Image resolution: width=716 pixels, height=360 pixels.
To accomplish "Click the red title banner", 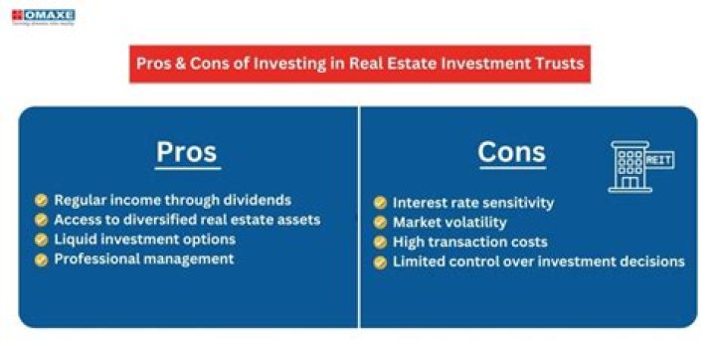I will click(x=358, y=67).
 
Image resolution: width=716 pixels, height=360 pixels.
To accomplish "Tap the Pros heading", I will click(x=186, y=152).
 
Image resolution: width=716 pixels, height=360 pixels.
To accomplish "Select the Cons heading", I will click(x=511, y=152).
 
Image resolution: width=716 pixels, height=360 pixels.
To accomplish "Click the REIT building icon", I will click(x=633, y=166).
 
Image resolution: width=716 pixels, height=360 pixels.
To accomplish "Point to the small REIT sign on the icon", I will click(x=657, y=158).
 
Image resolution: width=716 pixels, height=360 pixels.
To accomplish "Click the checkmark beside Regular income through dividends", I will click(x=41, y=200).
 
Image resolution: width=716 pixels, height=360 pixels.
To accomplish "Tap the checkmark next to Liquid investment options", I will click(x=41, y=240).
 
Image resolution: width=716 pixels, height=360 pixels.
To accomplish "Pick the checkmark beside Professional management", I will click(x=41, y=260).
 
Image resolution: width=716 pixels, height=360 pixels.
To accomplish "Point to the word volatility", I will click(x=473, y=223).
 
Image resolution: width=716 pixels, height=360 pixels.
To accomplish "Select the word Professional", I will click(x=99, y=260).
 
